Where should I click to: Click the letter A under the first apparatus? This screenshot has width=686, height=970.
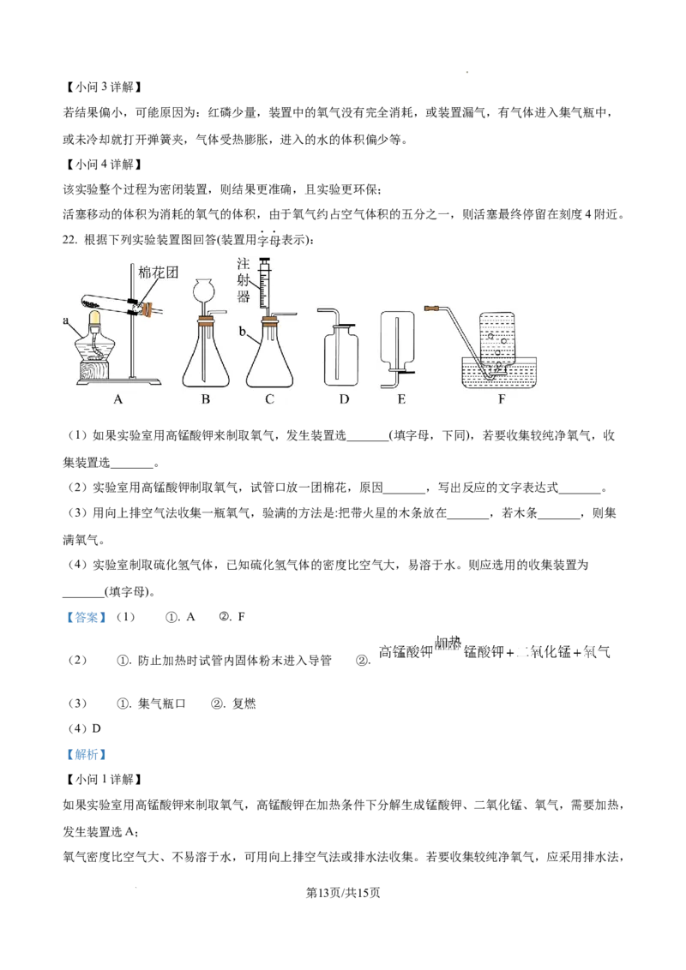click(118, 398)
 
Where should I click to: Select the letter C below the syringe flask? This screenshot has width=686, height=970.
click(268, 398)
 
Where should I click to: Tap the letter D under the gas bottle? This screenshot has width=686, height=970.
click(343, 398)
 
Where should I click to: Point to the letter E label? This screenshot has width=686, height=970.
click(400, 398)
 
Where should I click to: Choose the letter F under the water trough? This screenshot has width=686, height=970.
click(502, 398)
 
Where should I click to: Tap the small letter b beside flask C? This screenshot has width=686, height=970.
click(243, 330)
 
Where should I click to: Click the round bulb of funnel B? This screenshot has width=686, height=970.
click(205, 290)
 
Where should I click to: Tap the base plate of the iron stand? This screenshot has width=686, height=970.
click(137, 380)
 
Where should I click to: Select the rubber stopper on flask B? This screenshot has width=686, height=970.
click(205, 323)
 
